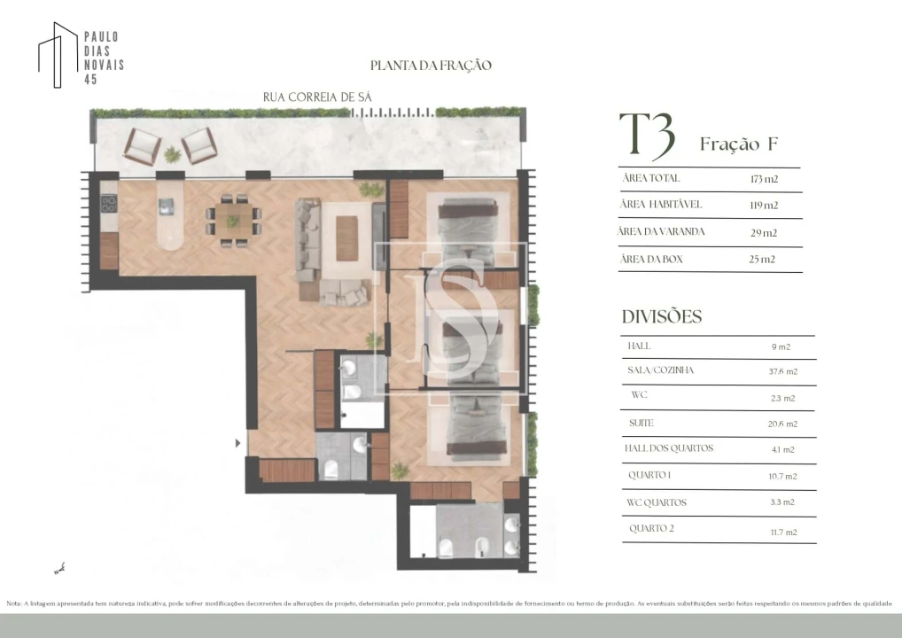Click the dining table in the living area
click(233, 215)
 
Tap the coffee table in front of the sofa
click(346, 238)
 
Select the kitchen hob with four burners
click(108, 203)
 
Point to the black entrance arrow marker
click(237, 442)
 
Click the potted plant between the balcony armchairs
click(172, 154)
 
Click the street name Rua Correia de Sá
click(316, 97)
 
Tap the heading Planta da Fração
click(430, 66)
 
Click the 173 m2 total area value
click(763, 179)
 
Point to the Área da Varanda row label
click(663, 232)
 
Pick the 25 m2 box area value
click(762, 260)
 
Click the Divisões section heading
click(661, 316)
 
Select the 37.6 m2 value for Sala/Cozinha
click(781, 371)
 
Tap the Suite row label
click(641, 424)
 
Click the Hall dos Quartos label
click(669, 448)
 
